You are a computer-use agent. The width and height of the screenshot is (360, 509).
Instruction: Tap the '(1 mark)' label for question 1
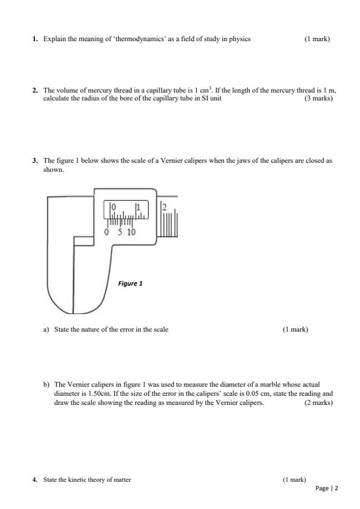pyautogui.click(x=317, y=39)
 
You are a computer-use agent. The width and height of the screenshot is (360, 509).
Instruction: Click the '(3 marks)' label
pyautogui.click(x=319, y=98)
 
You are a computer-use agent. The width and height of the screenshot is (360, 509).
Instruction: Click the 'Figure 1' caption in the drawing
pyautogui.click(x=130, y=283)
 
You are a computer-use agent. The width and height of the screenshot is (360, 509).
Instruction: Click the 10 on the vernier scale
pyautogui.click(x=131, y=232)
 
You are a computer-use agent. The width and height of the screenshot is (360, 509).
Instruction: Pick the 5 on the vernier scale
pyautogui.click(x=120, y=232)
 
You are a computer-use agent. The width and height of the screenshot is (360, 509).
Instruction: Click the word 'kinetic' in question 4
pyautogui.click(x=80, y=480)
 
